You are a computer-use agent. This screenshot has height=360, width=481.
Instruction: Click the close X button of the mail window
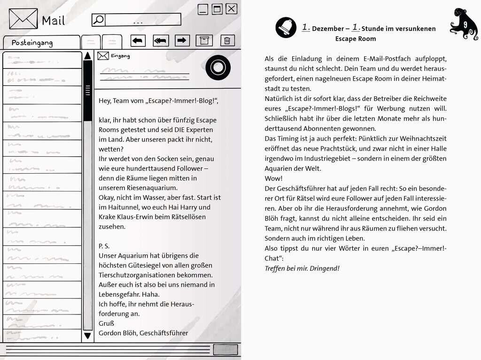[x=232, y=8]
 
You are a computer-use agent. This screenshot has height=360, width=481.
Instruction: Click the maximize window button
[x=217, y=9]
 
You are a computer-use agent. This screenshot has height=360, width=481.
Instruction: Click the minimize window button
[x=203, y=9]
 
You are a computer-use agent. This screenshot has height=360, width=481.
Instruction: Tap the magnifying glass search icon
[x=98, y=20]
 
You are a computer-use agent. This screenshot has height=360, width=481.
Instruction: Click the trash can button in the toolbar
[x=227, y=40]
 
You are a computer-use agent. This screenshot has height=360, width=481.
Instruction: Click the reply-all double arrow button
[x=161, y=41]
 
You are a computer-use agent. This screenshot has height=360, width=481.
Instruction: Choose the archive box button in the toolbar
[x=203, y=40]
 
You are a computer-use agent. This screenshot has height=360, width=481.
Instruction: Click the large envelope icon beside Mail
[x=23, y=19]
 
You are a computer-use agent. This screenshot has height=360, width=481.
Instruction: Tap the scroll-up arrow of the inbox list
[x=87, y=56]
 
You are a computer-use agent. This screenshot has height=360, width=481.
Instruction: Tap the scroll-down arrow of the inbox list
[x=87, y=336]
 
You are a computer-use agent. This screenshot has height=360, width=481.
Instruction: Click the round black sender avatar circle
[x=218, y=68]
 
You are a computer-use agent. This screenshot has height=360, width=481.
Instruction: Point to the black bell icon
[x=286, y=27]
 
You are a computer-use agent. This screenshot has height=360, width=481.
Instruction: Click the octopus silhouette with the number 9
[x=463, y=24]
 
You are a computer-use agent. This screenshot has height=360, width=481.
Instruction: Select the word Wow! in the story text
[x=273, y=179]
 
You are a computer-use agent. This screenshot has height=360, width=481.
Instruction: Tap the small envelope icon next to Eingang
[x=103, y=56]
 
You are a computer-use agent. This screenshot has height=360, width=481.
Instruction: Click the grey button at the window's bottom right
[x=225, y=350]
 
